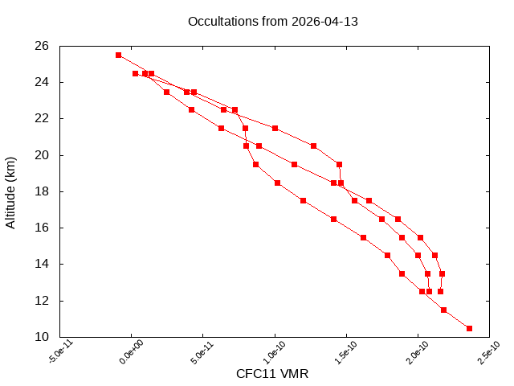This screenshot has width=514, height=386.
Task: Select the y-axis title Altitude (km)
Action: [x=11, y=191]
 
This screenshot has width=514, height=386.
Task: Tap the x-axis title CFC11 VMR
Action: [x=272, y=374]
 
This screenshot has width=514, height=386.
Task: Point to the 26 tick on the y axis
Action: [x=42, y=46]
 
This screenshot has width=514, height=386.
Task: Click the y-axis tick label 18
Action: [x=42, y=191]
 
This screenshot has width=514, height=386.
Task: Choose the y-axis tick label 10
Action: [x=42, y=337]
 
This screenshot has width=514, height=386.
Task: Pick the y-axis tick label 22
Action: [x=42, y=118]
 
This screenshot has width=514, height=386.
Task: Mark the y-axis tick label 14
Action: [x=42, y=264]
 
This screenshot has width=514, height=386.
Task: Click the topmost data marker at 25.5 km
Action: [x=118, y=55]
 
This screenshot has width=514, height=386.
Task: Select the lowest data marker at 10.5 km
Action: [x=469, y=328]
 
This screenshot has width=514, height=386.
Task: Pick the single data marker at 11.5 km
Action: [x=443, y=310]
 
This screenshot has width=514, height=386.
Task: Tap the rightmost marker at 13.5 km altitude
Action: [x=442, y=273]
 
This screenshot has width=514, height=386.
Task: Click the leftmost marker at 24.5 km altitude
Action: [x=135, y=73]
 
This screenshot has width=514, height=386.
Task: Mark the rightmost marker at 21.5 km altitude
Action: [x=275, y=128]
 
